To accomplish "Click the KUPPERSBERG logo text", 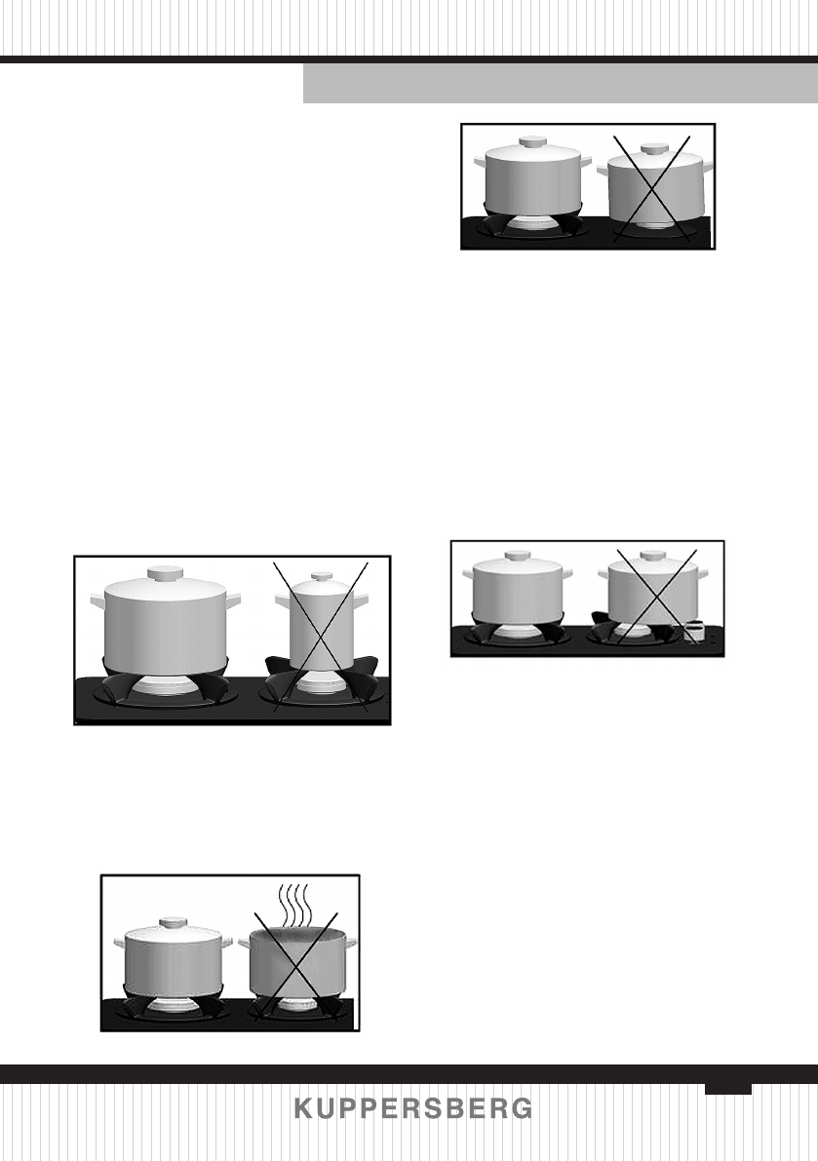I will [x=413, y=1109].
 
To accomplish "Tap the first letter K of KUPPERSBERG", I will [x=303, y=1109].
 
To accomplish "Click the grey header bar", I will [x=560, y=84].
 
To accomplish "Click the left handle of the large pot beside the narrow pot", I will [x=95, y=599].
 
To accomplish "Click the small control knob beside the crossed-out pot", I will [x=695, y=632].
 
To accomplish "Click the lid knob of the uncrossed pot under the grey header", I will [x=531, y=141].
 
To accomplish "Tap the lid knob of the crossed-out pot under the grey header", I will [x=653, y=149].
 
